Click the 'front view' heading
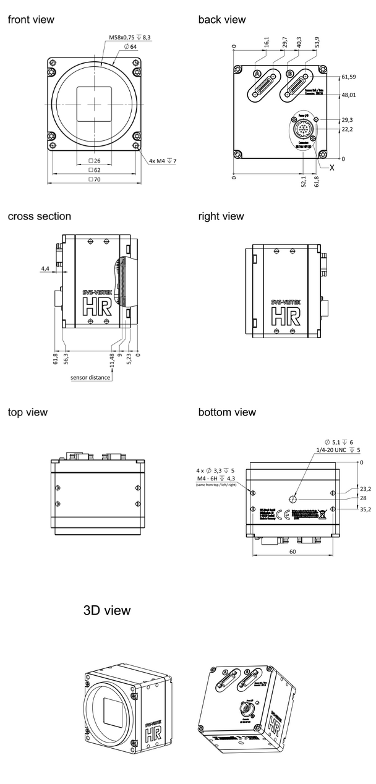(31, 20)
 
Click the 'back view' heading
(221, 20)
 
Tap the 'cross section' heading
(39, 216)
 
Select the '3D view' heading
(107, 610)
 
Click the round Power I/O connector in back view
(302, 130)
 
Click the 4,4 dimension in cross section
(45, 269)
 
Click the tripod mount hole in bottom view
(294, 499)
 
